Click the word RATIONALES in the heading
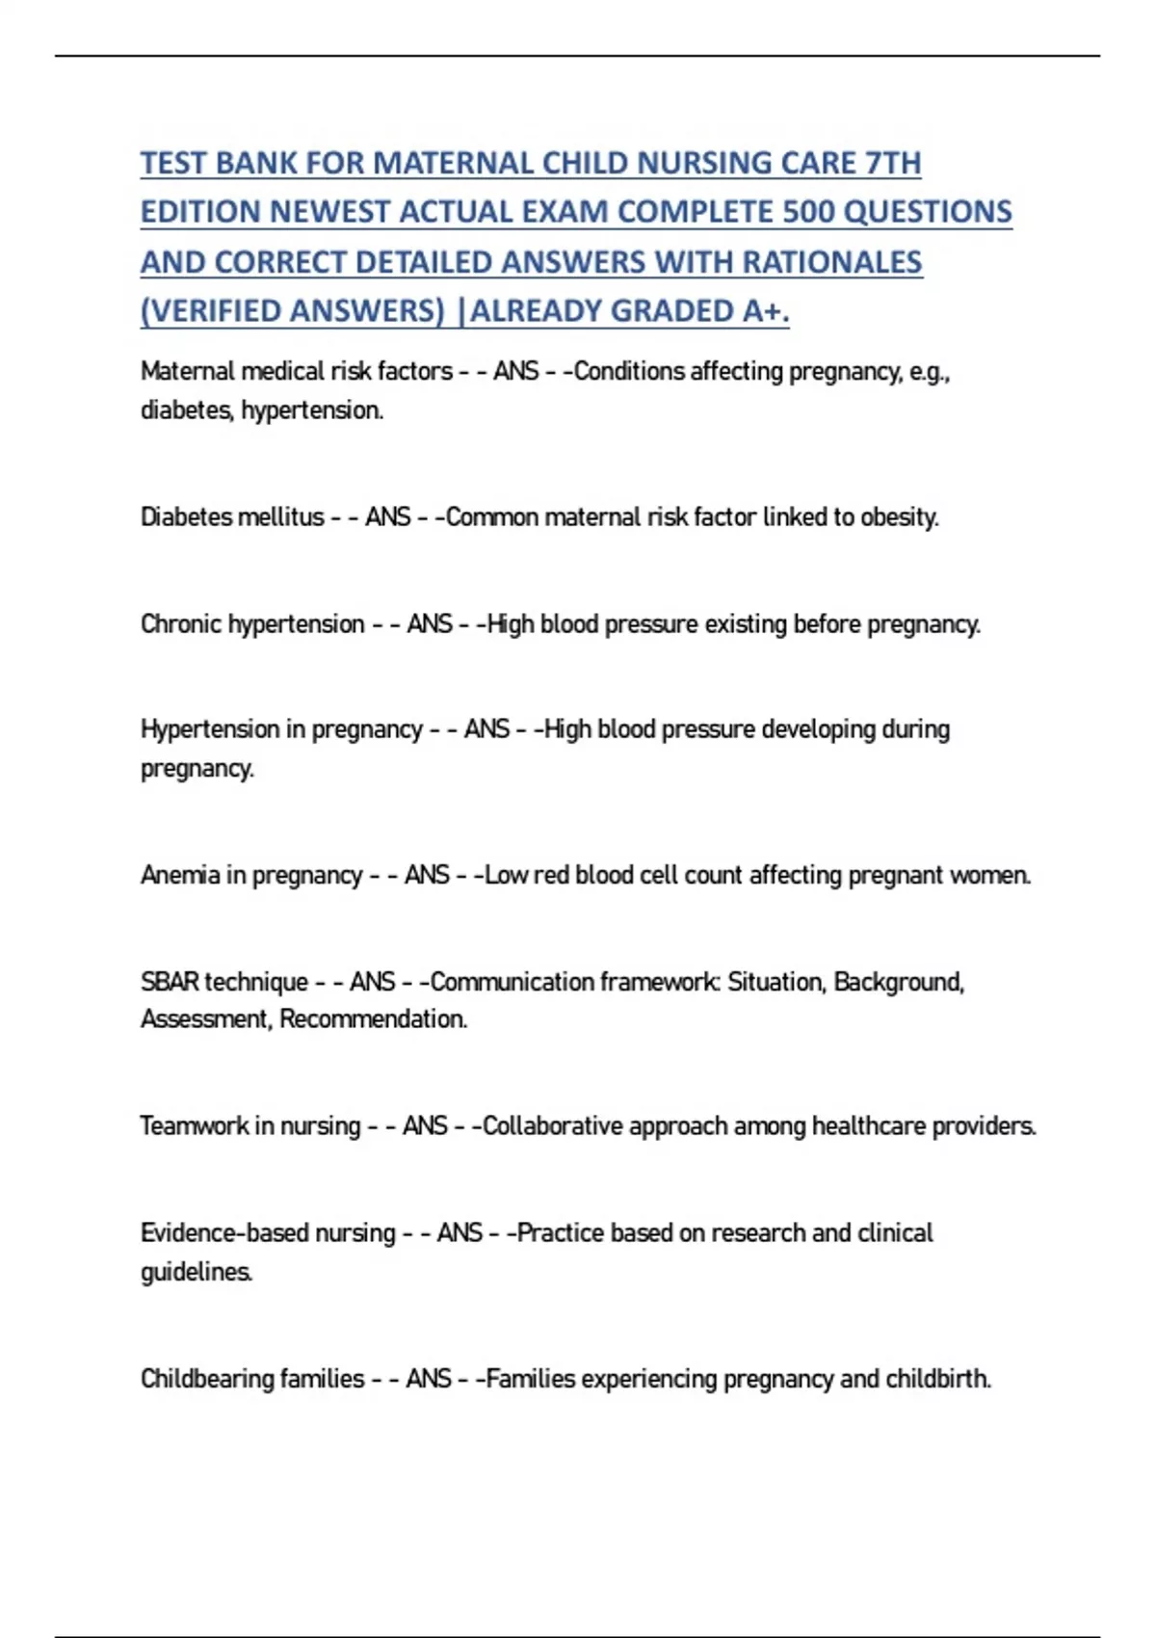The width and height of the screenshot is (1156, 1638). coord(832,262)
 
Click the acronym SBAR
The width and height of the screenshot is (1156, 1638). coord(170,982)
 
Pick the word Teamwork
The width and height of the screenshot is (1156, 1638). coord(194,1125)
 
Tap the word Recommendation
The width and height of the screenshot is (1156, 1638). coord(373,1019)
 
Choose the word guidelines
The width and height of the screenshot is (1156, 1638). coord(197,1273)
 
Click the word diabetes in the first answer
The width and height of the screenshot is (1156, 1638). coord(187,410)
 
